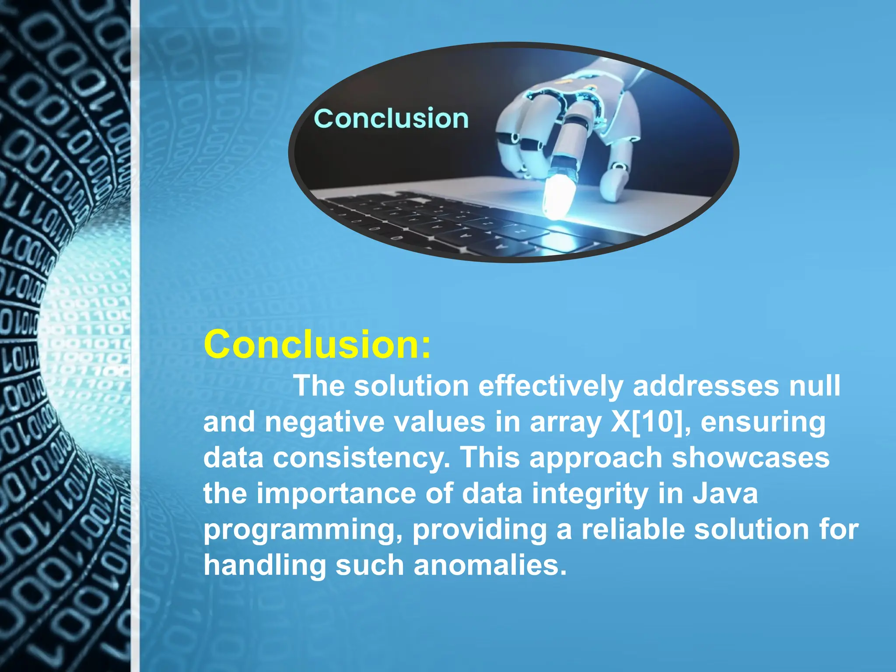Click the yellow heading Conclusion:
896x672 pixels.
pos(317,345)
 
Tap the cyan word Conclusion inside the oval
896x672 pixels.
pos(391,119)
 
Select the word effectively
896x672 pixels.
pos(551,386)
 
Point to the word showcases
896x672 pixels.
pos(750,458)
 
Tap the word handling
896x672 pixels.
pos(265,565)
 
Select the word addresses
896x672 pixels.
pos(706,386)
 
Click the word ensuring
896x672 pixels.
pos(763,422)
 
